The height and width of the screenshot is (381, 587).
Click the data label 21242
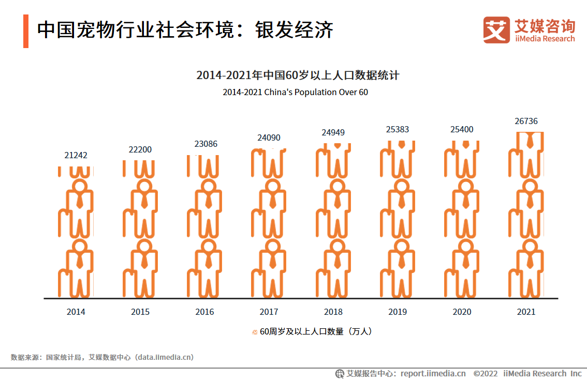tap(76, 155)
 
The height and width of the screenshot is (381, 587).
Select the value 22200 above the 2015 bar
tap(140, 150)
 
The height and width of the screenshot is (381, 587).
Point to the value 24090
tap(269, 138)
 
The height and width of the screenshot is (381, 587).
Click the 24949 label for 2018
tap(333, 132)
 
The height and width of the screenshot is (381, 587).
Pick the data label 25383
tap(398, 129)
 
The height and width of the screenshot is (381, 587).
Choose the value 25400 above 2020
tap(462, 129)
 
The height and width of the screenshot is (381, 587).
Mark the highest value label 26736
tap(526, 121)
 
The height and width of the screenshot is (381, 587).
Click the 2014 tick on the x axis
tap(76, 312)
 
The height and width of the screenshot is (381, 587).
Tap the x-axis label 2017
tap(269, 312)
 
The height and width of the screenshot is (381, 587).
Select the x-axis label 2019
tap(398, 312)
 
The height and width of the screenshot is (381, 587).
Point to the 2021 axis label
tap(526, 312)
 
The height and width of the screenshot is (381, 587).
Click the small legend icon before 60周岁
tap(255, 332)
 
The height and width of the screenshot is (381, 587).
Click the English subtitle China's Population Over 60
tap(295, 93)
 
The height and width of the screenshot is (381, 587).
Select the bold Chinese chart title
tap(298, 75)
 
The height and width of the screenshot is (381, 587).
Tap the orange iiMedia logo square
tap(496, 30)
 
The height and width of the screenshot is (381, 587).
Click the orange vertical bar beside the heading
tap(26, 31)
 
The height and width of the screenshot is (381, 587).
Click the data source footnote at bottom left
tap(102, 357)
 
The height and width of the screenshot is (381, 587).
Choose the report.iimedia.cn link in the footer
tap(433, 373)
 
